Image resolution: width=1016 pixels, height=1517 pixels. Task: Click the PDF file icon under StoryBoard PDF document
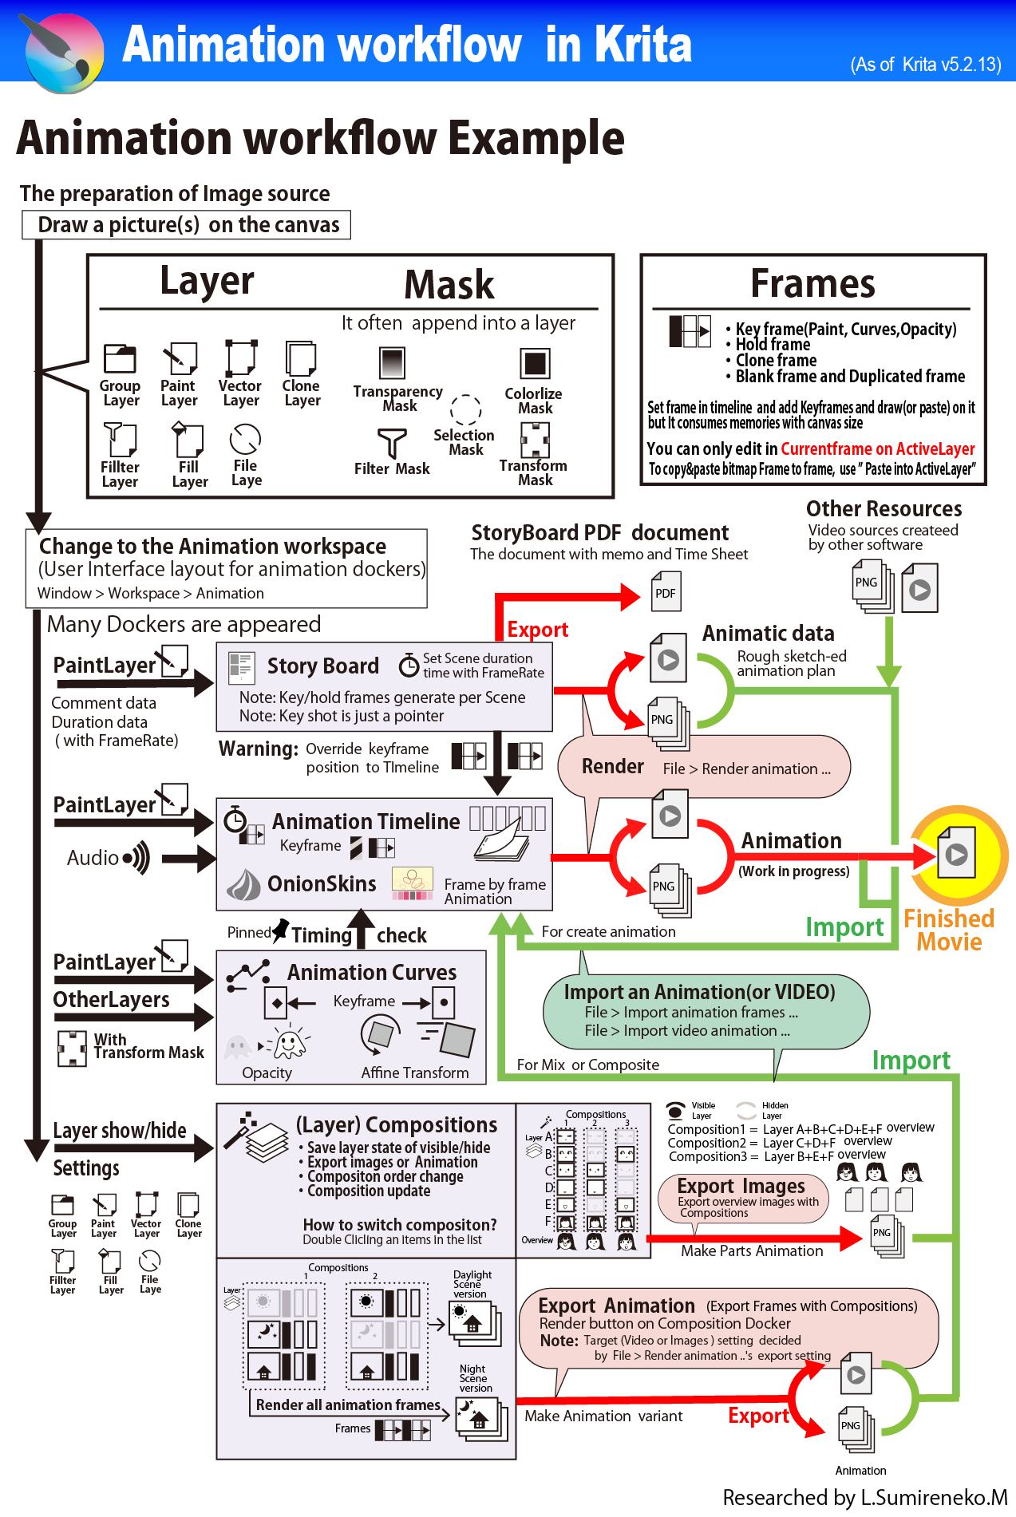666,592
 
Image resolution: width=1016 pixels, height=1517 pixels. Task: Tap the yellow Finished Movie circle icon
958,854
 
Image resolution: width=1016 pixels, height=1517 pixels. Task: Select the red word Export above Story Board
537,630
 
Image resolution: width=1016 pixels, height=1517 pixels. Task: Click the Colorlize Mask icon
535,364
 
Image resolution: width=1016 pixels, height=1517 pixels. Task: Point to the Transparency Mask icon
392,363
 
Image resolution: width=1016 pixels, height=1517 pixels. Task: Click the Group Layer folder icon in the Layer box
120,359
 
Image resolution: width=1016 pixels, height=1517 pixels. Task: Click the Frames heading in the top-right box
812,283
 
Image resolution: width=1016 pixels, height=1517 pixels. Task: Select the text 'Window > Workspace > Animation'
150,593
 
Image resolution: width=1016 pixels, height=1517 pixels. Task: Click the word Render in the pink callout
612,766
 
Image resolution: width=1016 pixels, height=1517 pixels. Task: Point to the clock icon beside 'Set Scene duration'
409,664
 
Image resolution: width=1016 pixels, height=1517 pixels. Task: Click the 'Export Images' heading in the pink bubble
741,1186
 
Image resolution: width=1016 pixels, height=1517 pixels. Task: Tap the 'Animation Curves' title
372,972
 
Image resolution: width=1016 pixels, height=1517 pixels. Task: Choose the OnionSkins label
322,883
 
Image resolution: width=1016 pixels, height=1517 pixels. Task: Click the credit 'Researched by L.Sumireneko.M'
865,1497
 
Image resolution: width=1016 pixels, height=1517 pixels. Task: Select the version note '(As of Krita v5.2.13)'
925,65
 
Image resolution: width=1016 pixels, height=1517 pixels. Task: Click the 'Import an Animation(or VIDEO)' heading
699,992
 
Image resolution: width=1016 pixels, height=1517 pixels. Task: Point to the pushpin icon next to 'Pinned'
281,930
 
